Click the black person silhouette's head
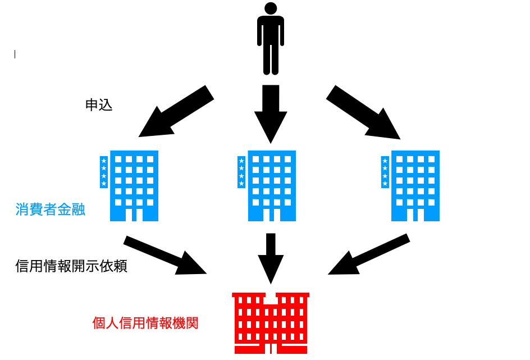point(271,8)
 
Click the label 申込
point(99,105)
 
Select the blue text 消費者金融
point(51,210)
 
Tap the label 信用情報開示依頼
point(71,266)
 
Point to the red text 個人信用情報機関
point(145,323)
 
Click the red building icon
point(271,322)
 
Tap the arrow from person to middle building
point(271,112)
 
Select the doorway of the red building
point(271,348)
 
